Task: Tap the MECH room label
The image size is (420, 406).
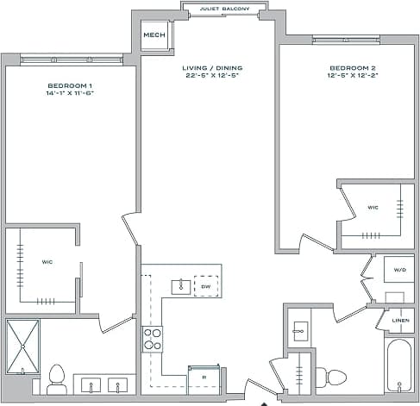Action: click(x=154, y=35)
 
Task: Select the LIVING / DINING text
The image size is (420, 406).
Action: click(x=212, y=67)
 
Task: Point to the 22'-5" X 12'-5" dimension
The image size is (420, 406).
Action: click(x=212, y=76)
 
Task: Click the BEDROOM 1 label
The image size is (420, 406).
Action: click(x=71, y=85)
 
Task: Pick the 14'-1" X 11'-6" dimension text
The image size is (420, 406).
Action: click(x=71, y=93)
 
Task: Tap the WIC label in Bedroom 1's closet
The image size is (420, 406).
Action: click(x=47, y=261)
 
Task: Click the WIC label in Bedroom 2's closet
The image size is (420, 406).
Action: click(x=373, y=207)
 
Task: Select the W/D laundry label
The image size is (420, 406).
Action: click(x=399, y=270)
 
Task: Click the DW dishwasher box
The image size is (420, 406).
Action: click(x=206, y=285)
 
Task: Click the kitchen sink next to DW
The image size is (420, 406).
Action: click(x=181, y=285)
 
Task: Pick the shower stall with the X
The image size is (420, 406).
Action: click(x=22, y=347)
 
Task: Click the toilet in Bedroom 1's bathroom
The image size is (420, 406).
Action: click(x=58, y=377)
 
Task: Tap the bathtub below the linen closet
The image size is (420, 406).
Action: click(x=399, y=365)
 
